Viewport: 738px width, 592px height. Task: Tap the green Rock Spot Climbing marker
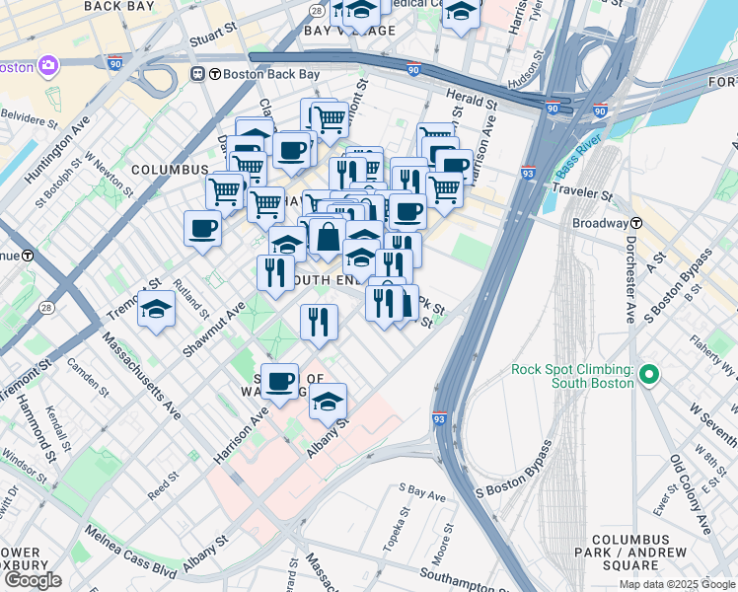(x=648, y=374)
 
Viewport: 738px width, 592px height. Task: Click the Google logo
(x=32, y=580)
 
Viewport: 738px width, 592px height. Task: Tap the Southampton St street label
(x=463, y=574)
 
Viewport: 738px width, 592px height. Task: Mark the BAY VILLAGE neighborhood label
(x=349, y=31)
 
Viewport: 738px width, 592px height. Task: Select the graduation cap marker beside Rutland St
(x=156, y=310)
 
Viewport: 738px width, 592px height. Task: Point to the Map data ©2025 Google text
(x=677, y=584)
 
